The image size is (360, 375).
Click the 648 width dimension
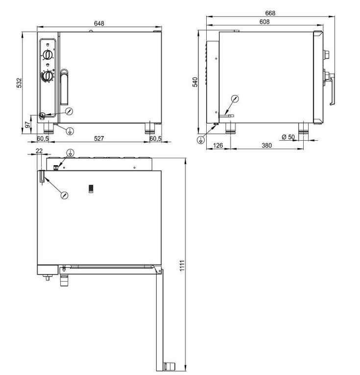pyautogui.click(x=99, y=24)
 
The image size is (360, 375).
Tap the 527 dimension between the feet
pyautogui.click(x=99, y=139)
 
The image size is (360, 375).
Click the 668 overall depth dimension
pyautogui.click(x=270, y=13)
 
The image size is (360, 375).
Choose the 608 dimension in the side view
pyautogui.click(x=264, y=22)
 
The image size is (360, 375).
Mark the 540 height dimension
pyautogui.click(x=194, y=82)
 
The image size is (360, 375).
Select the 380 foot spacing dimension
pyautogui.click(x=266, y=145)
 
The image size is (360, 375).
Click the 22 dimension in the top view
pyautogui.click(x=39, y=151)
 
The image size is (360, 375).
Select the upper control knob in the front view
pyautogui.click(x=47, y=54)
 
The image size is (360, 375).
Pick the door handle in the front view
pyautogui.click(x=64, y=87)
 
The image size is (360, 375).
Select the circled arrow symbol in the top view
pyautogui.click(x=64, y=195)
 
